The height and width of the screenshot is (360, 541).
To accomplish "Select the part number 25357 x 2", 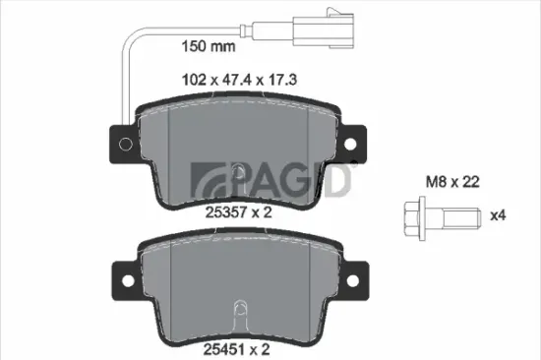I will pos(238,209).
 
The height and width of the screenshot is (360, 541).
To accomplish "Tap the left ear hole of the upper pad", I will pos(122,146).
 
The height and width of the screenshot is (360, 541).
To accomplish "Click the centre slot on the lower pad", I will pos(238,316).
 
